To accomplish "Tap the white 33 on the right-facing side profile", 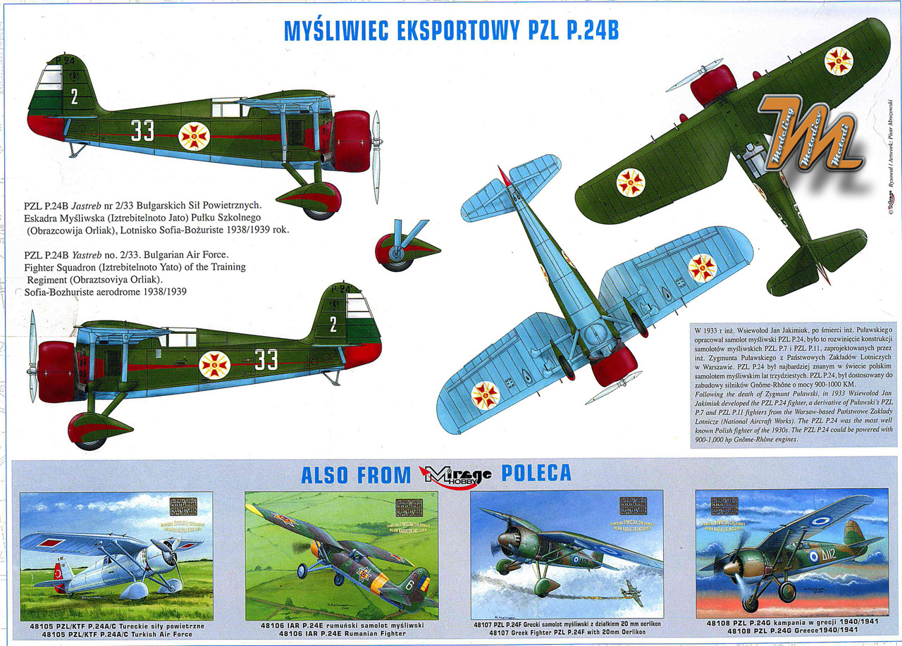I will click(142, 130).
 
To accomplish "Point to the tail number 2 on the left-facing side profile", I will click(333, 324).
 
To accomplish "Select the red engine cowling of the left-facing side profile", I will click(57, 371).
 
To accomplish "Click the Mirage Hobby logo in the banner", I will click(455, 474).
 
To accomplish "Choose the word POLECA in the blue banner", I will click(536, 474).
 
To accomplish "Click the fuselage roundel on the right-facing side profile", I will click(194, 136).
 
